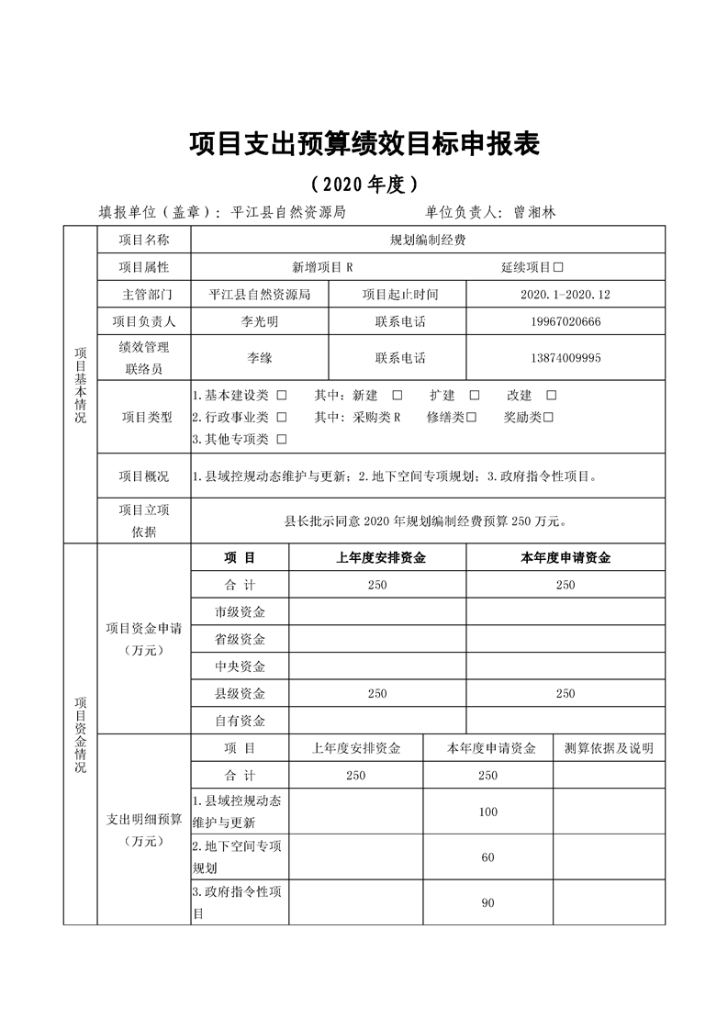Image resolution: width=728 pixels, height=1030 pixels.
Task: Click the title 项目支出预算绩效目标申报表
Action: click(364, 144)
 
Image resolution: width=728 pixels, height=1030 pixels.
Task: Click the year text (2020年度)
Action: click(364, 184)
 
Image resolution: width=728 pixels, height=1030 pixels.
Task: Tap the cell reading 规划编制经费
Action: click(428, 241)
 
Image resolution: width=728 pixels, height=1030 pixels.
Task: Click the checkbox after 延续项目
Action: click(558, 267)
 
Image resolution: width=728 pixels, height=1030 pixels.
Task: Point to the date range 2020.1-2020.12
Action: click(565, 295)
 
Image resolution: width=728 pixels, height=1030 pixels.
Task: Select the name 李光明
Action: click(259, 322)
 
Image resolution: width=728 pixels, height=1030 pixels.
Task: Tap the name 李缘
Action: click(259, 358)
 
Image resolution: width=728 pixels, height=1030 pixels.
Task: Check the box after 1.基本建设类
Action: click(281, 396)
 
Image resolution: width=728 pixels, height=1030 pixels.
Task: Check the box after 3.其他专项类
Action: click(281, 440)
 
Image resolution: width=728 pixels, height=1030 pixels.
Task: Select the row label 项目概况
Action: click(144, 476)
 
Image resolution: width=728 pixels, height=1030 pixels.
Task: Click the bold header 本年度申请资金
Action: click(565, 557)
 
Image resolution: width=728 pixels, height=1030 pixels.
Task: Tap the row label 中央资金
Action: click(240, 666)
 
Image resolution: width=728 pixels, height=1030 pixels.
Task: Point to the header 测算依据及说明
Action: click(609, 748)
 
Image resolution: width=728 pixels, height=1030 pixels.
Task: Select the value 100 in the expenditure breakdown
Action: click(487, 812)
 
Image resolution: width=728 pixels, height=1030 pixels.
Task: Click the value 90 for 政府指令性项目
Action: click(487, 903)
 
